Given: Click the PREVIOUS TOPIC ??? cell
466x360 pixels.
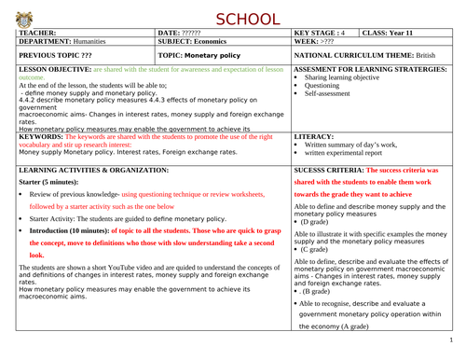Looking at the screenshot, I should (x=54, y=57).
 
